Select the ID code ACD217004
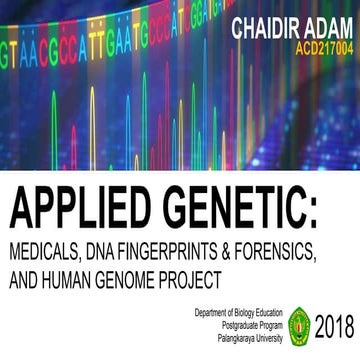[322, 46]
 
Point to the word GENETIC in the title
[237, 211]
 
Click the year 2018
[334, 327]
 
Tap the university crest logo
[299, 327]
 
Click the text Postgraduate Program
[249, 326]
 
